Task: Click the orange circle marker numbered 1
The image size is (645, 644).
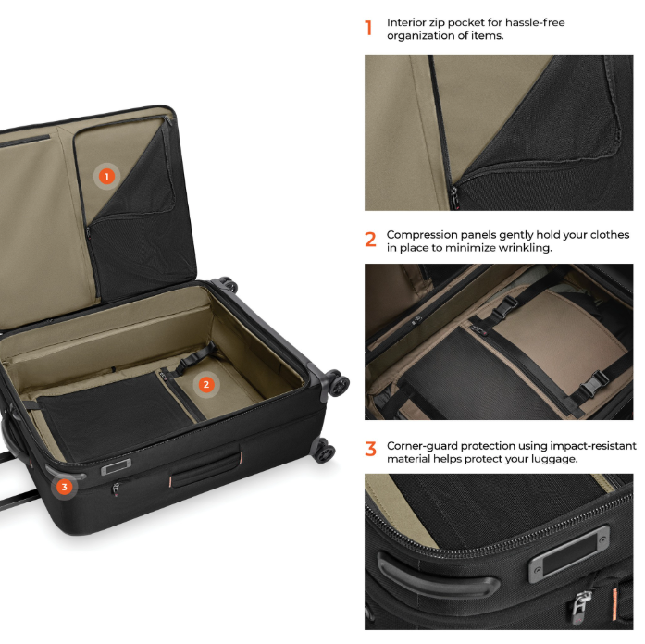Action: click(107, 177)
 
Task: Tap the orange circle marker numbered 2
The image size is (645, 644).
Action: click(206, 385)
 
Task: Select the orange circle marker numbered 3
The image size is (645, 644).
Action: click(64, 488)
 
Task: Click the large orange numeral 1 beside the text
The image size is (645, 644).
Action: click(368, 28)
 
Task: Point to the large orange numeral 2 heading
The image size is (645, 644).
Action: click(370, 240)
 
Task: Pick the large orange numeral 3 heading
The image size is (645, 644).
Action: click(370, 449)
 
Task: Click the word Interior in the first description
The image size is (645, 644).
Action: click(404, 22)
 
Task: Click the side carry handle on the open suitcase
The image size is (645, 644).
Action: click(206, 469)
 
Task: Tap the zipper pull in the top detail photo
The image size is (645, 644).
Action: click(454, 196)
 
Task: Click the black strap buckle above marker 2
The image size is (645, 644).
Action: click(196, 357)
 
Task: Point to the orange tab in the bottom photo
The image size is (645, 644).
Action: click(615, 603)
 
